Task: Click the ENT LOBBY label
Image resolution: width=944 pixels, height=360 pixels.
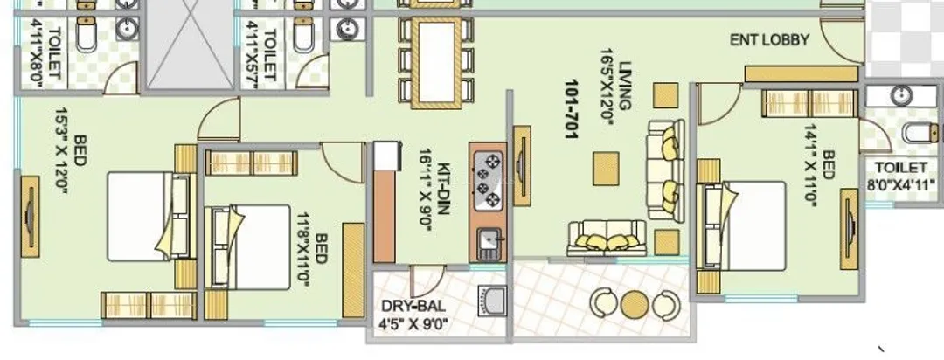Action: (x=769, y=39)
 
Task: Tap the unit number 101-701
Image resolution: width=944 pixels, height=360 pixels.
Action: (x=572, y=109)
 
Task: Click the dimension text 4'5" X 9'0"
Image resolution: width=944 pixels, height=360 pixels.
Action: (x=413, y=326)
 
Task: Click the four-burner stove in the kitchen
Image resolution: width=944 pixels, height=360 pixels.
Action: (x=489, y=181)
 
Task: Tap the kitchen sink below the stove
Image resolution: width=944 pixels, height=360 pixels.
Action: (x=489, y=244)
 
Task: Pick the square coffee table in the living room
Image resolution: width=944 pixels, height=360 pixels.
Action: (x=606, y=169)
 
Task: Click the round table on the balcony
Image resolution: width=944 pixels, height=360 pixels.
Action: (x=635, y=304)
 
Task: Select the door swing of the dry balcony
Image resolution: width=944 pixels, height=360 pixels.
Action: (x=427, y=280)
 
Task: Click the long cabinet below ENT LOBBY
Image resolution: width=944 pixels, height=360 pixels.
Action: (x=802, y=74)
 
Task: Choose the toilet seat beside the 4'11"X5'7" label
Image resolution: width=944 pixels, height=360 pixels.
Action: (x=303, y=33)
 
